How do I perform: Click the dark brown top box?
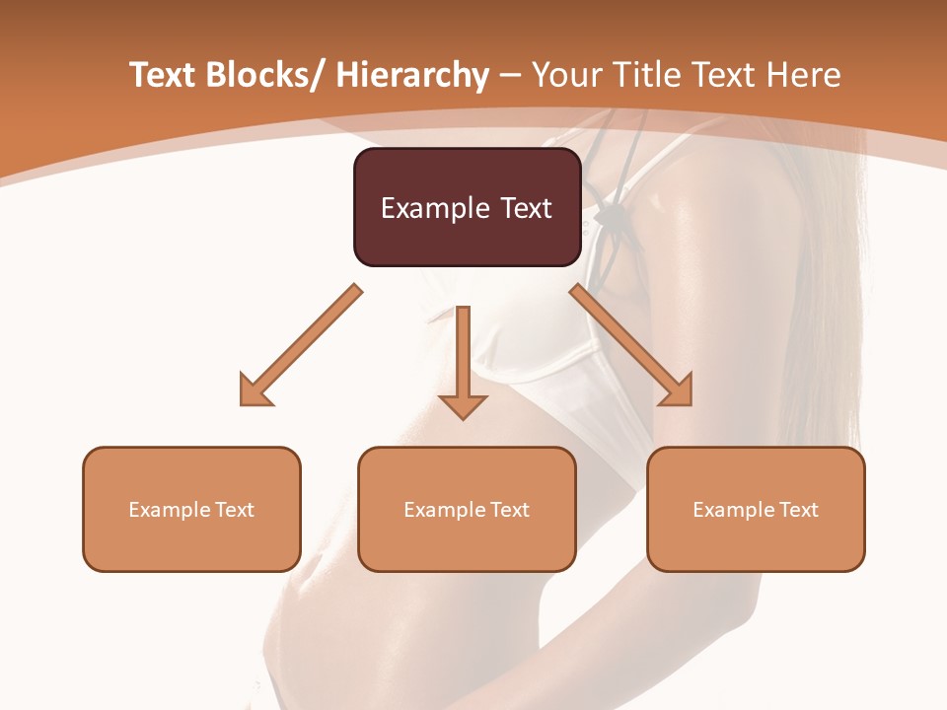pos(467,207)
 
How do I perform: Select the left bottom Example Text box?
pos(191,509)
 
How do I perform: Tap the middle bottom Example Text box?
pos(467,509)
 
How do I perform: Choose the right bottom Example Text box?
pos(756,509)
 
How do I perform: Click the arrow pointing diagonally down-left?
pos(302,345)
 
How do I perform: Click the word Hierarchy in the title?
pos(412,75)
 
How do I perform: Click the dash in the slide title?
pos(510,75)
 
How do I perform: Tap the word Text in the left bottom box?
pos(234,510)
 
